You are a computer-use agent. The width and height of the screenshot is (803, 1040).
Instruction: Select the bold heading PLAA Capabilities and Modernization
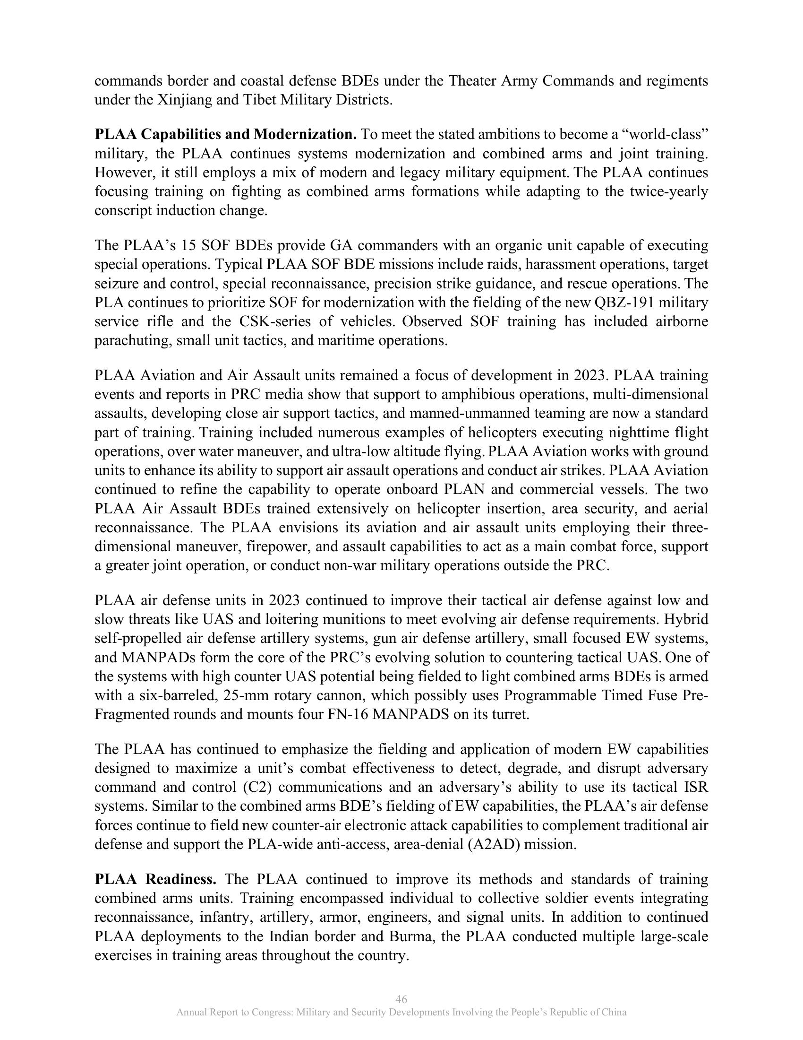tap(225, 135)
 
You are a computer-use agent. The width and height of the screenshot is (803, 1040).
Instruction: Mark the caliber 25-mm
tap(242, 696)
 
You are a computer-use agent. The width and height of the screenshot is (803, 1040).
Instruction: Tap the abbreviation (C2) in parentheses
tap(256, 788)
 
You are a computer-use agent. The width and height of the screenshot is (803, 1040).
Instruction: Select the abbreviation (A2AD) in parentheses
tap(494, 844)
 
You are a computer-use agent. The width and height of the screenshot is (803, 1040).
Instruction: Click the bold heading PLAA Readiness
tap(155, 879)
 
